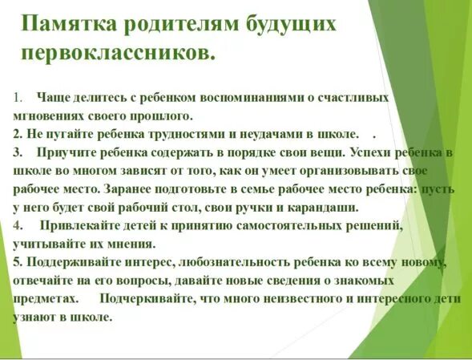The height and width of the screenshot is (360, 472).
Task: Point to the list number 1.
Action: [18, 98]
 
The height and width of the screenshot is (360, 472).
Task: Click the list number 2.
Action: [18, 133]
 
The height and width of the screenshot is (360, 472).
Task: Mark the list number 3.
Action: [18, 152]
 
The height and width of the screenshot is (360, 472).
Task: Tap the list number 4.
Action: [18, 225]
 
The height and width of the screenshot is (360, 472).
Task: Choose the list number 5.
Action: [18, 262]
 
